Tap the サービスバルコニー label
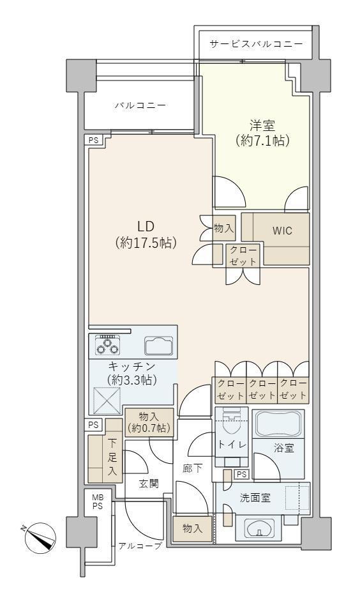coord(256,44)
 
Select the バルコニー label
coord(140,105)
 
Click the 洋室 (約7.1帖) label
coord(263,133)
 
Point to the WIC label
coord(282,230)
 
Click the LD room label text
coord(146,234)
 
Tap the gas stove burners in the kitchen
coord(108,345)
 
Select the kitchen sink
coord(159,346)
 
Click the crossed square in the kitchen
coord(107,401)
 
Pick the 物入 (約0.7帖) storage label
coord(149,422)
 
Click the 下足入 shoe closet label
coord(112,457)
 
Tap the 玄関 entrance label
coord(149,483)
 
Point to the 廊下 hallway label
coord(193,468)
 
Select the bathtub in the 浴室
coord(278,424)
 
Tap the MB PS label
coord(98,502)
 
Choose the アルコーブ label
coord(140,546)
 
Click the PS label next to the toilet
coord(241,475)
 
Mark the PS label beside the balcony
coord(93,140)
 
